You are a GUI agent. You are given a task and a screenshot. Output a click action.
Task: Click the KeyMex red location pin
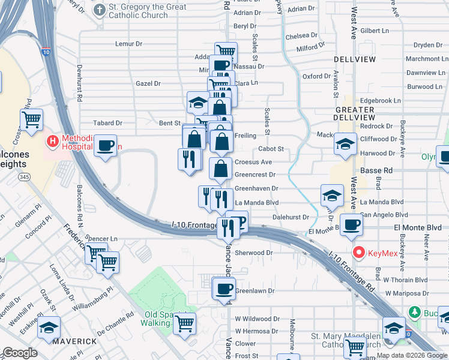pyautogui.click(x=360, y=253)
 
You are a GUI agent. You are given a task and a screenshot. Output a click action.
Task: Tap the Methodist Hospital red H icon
pyautogui.click(x=53, y=142)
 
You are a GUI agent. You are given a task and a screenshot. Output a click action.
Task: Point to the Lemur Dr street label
pyautogui.click(x=129, y=44)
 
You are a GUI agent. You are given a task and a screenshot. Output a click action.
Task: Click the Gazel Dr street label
pyautogui.click(x=148, y=83)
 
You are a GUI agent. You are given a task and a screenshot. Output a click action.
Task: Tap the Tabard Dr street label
pyautogui.click(x=108, y=123)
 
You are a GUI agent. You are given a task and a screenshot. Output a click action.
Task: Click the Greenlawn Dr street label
pyautogui.click(x=255, y=291)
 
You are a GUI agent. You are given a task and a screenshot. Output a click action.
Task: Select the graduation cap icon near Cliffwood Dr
pyautogui.click(x=345, y=145)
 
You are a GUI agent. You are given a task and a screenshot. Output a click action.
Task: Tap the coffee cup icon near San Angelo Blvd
pyautogui.click(x=351, y=224)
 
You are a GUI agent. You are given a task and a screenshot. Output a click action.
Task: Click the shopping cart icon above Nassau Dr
pyautogui.click(x=226, y=52)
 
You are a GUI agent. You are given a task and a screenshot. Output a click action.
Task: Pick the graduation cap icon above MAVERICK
pyautogui.click(x=49, y=328)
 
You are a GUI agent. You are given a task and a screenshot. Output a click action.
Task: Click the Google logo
pyautogui.click(x=20, y=353)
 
